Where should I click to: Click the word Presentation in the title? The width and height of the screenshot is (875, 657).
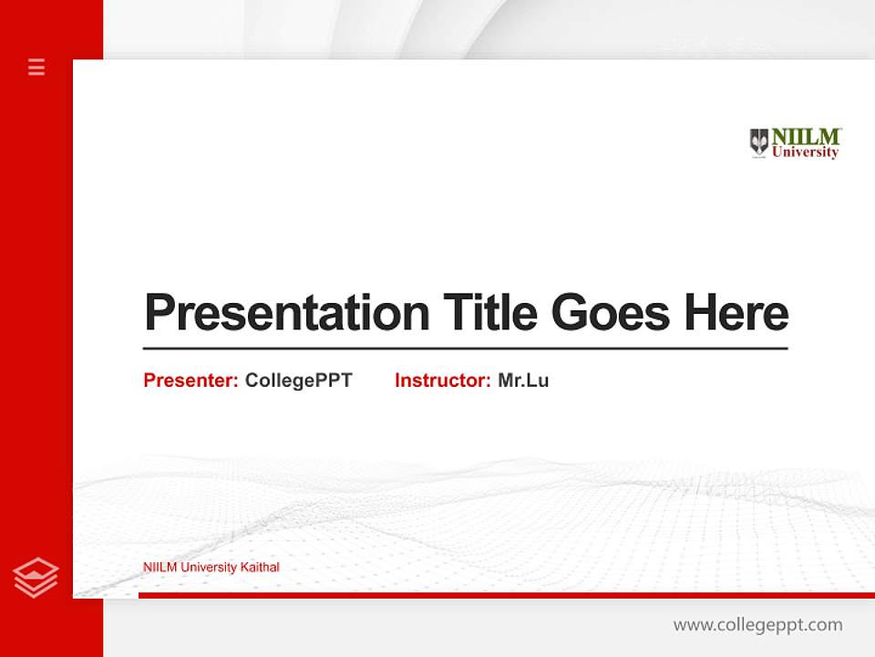pyautogui.click(x=286, y=313)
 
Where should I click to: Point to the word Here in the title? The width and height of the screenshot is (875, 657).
pyautogui.click(x=736, y=313)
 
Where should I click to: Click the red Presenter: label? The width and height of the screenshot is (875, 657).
pyautogui.click(x=190, y=381)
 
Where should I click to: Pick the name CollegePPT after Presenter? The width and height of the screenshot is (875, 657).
pyautogui.click(x=298, y=381)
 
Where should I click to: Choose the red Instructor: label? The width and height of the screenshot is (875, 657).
pyautogui.click(x=442, y=381)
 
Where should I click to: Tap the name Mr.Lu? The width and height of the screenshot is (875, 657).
pyautogui.click(x=523, y=381)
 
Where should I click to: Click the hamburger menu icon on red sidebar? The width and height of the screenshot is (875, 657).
pyautogui.click(x=36, y=67)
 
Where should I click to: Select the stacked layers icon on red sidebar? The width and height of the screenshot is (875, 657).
pyautogui.click(x=36, y=578)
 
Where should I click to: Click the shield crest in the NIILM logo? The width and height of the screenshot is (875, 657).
pyautogui.click(x=758, y=142)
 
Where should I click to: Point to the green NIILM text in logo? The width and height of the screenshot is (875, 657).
pyautogui.click(x=806, y=136)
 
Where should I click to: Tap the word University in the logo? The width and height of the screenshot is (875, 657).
pyautogui.click(x=805, y=153)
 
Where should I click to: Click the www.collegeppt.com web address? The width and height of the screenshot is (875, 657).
pyautogui.click(x=757, y=625)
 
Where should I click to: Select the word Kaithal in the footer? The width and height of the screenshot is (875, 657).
pyautogui.click(x=260, y=568)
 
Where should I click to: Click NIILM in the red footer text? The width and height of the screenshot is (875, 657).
pyautogui.click(x=160, y=568)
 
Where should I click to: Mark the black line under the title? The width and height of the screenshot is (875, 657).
pyautogui.click(x=465, y=349)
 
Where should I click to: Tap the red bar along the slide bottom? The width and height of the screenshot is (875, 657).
pyautogui.click(x=506, y=595)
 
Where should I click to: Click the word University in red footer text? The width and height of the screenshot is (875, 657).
pyautogui.click(x=209, y=568)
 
